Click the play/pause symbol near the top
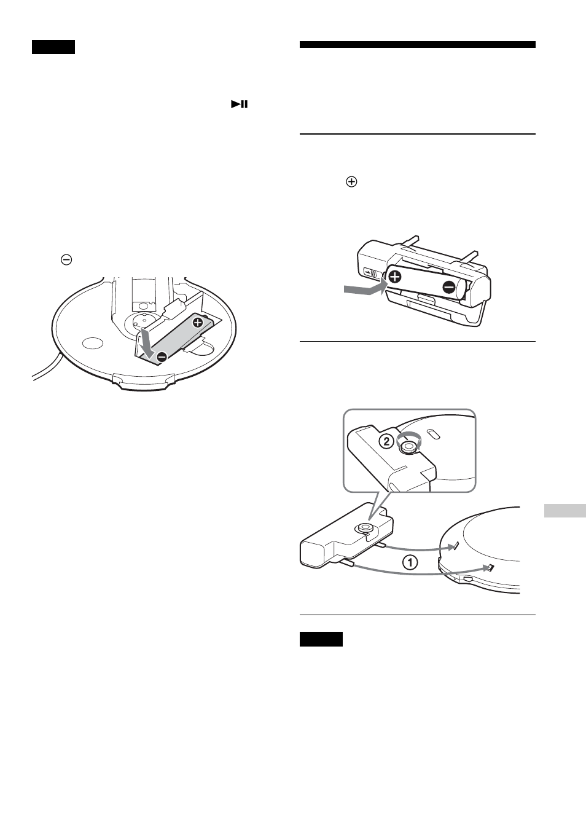[240, 104]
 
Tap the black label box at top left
[53, 47]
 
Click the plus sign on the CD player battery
[197, 322]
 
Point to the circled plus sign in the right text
[352, 182]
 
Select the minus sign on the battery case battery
[448, 286]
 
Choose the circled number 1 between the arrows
[410, 561]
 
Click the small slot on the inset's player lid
[434, 435]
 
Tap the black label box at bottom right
[321, 639]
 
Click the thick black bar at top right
[418, 44]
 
